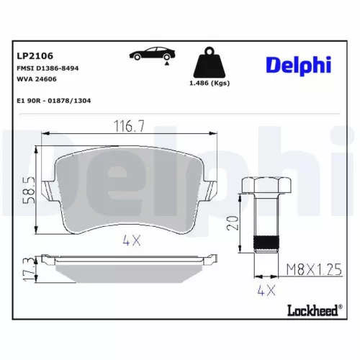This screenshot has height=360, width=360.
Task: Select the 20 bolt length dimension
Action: pyautogui.click(x=230, y=222)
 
